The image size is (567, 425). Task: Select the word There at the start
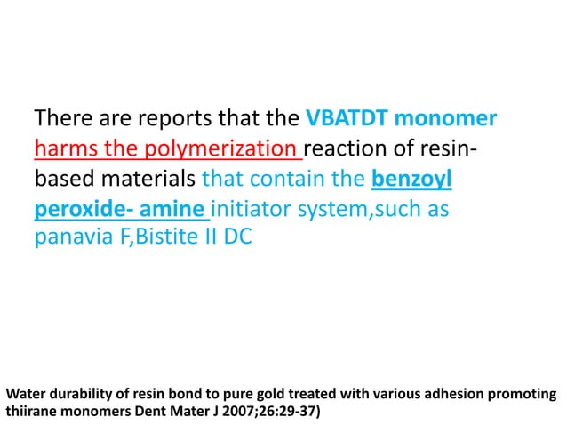pyautogui.click(x=64, y=118)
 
